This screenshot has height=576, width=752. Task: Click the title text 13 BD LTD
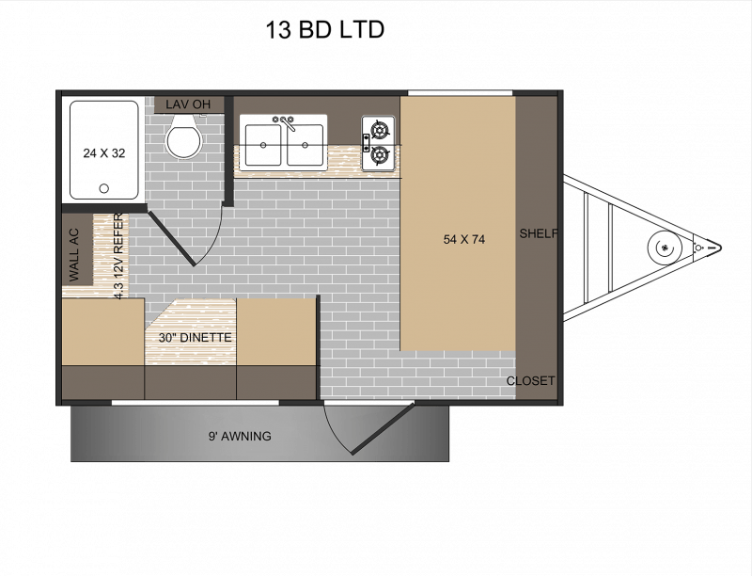click(325, 30)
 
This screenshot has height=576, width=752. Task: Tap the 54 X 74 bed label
click(463, 239)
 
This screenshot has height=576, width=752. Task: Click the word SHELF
click(539, 233)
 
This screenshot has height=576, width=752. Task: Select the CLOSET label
click(531, 381)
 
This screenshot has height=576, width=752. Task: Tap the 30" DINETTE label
click(196, 337)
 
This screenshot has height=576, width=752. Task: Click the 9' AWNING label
click(240, 436)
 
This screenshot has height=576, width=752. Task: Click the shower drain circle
click(103, 188)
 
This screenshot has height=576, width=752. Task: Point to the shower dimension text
click(103, 152)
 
